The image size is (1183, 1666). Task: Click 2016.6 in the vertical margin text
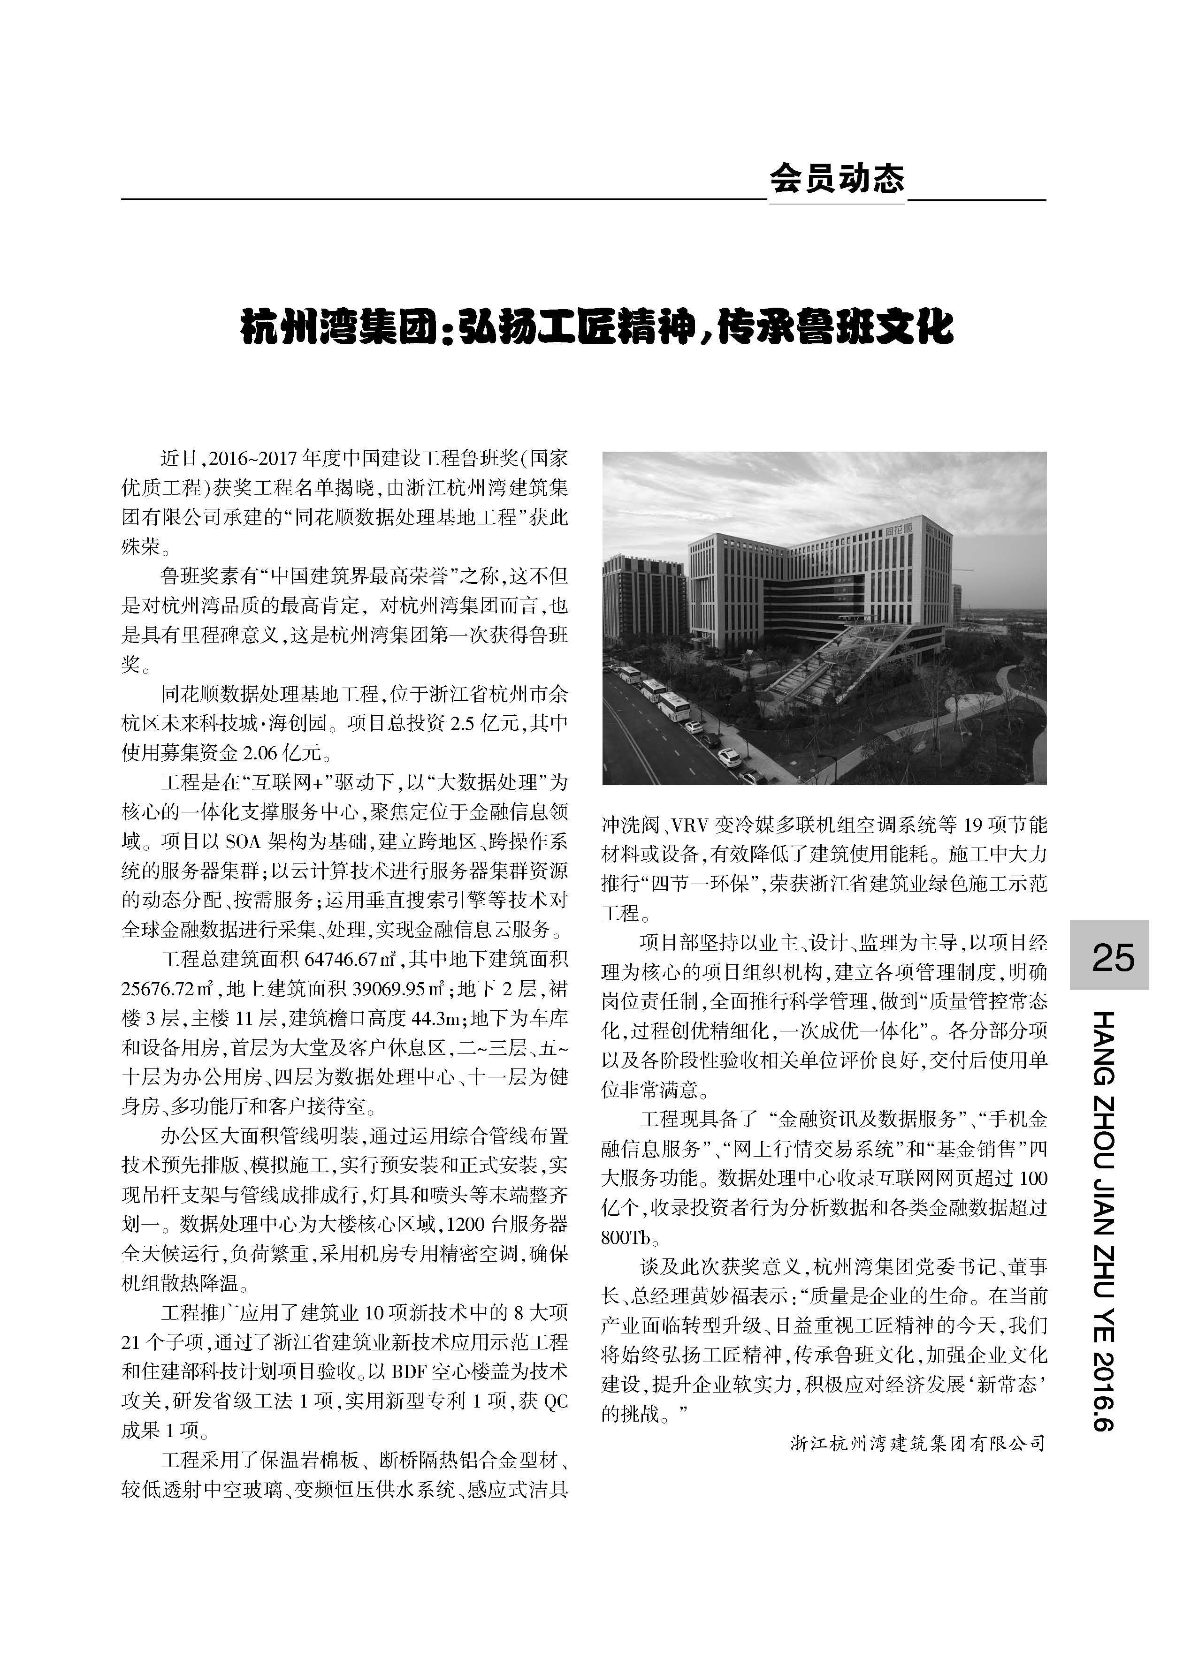(x=1109, y=1391)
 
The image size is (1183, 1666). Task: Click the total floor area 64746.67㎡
(x=351, y=959)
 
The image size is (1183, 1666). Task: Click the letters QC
(x=556, y=1401)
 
